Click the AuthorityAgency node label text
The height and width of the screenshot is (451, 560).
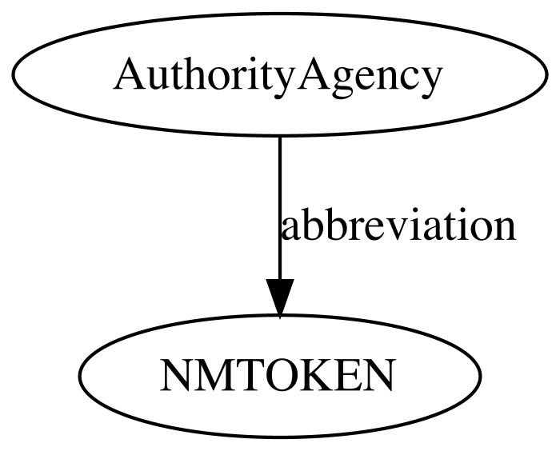(278, 77)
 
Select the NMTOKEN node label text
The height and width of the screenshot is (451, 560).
(278, 375)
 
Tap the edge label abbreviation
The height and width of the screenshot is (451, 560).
(398, 224)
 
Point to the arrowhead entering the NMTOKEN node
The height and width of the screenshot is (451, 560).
(280, 297)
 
